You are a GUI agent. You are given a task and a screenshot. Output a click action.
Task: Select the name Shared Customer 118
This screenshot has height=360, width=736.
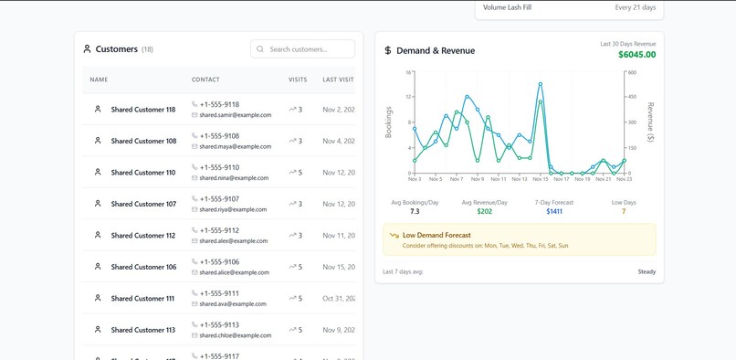point(143,110)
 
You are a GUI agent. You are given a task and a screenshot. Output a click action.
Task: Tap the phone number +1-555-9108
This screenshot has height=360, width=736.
point(219,136)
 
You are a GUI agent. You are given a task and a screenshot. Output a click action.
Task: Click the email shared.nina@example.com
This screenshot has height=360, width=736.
point(234,178)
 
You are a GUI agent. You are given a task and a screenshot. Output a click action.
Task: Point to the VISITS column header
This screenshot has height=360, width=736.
point(298,79)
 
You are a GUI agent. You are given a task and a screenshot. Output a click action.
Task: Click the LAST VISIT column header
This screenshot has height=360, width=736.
point(338,79)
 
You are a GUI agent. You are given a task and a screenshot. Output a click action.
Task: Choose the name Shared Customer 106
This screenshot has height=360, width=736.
point(143,267)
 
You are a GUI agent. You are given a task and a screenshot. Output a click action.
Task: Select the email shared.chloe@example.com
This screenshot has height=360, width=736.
point(235,335)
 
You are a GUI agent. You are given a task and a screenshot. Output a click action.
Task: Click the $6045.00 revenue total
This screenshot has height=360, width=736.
point(636,55)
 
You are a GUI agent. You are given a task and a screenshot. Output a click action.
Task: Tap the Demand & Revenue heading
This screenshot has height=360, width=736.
point(435,51)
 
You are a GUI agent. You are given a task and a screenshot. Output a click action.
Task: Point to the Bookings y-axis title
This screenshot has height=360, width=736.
point(389,122)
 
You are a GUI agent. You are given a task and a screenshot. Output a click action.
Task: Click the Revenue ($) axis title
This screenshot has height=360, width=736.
point(650,122)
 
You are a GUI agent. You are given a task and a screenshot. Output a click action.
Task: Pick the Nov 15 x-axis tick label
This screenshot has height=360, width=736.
point(540,179)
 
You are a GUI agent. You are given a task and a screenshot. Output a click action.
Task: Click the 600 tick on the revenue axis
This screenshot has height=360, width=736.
point(632,73)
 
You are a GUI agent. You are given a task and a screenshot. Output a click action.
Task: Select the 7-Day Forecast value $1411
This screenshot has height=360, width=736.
point(554,211)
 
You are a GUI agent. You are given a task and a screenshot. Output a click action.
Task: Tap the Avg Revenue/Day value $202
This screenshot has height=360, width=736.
point(484,211)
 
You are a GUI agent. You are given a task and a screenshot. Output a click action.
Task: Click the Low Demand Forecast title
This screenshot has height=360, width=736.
point(436,235)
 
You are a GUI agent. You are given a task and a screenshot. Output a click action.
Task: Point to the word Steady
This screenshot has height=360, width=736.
point(646,271)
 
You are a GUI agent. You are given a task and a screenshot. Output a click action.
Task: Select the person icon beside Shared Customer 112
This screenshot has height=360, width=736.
point(98,235)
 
